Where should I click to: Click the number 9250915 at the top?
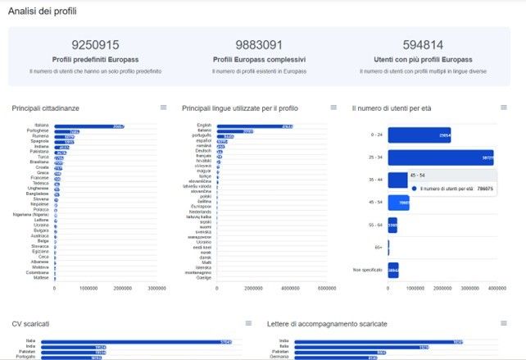click(x=95, y=45)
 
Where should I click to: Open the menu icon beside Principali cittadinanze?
click(x=163, y=107)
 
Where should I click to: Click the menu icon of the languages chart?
click(x=333, y=107)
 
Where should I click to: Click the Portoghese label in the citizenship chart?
click(x=38, y=130)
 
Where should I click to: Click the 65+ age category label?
click(x=378, y=246)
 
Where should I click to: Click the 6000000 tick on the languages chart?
click(x=325, y=289)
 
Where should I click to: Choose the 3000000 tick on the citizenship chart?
click(x=156, y=289)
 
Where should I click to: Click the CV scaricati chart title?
click(x=30, y=324)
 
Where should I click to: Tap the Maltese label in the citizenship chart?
click(x=40, y=278)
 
